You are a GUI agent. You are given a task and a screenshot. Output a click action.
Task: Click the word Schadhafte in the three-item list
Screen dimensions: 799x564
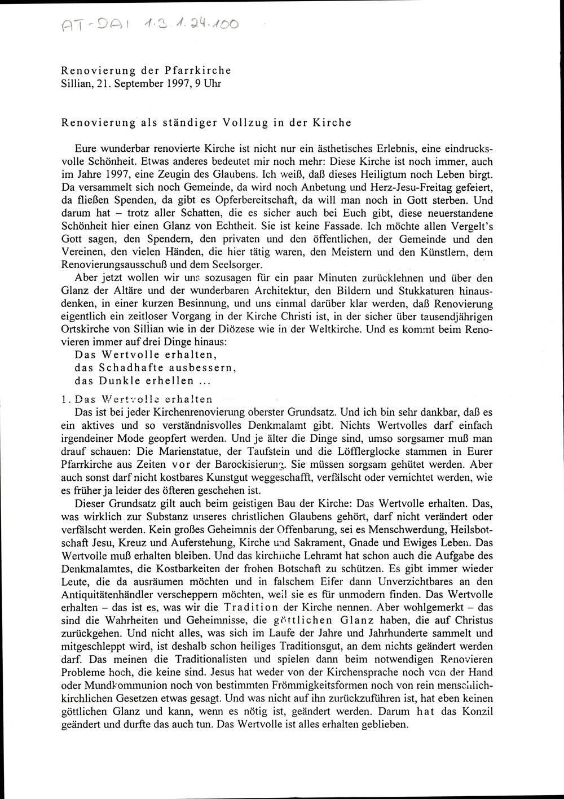click(x=131, y=368)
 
